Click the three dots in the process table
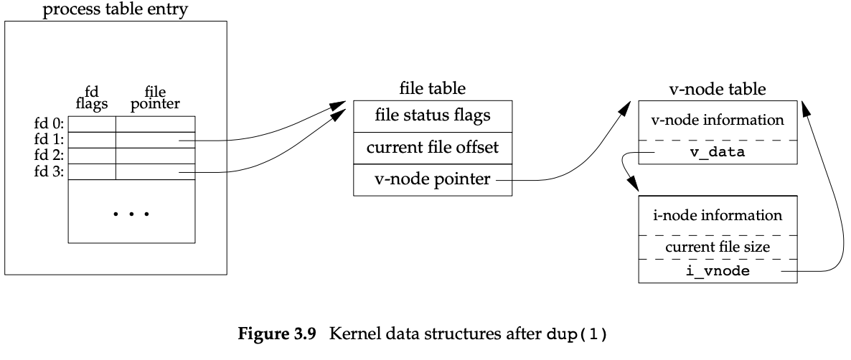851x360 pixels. click(x=131, y=214)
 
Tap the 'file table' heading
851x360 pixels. click(x=432, y=89)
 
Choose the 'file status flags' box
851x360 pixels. click(x=432, y=115)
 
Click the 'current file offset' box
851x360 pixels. click(x=432, y=148)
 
